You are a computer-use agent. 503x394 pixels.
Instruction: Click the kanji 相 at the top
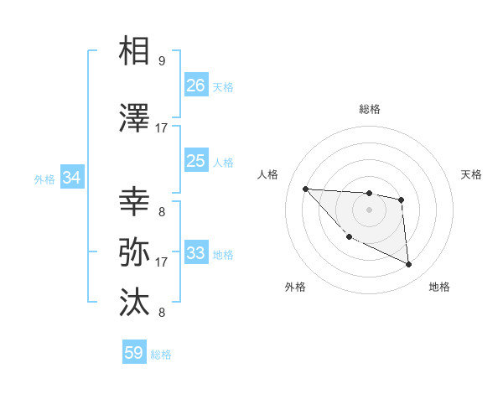coord(135,52)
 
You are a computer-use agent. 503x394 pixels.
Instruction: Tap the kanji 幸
coord(135,202)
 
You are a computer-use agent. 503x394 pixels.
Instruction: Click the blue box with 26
coord(196,86)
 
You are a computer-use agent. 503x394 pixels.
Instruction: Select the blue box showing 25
coord(196,161)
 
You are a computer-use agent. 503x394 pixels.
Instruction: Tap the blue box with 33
coord(196,253)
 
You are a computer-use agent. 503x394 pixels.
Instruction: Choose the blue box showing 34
coord(72,178)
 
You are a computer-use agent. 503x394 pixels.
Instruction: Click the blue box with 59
coord(134,353)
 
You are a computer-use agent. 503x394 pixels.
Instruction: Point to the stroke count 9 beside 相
coord(161,60)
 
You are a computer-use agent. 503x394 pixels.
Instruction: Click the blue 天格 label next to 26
coord(223,86)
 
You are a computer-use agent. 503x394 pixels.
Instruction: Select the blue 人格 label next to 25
coord(223,162)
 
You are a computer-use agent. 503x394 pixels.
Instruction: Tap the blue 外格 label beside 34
coord(44,179)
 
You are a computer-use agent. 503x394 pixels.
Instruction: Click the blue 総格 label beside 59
coord(161,355)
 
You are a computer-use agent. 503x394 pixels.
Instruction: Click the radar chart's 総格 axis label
coord(369,109)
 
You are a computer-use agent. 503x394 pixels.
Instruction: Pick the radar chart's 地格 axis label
coord(439,287)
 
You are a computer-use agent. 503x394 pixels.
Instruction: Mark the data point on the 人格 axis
coord(305,189)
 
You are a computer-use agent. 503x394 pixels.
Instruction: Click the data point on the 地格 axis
coord(409,265)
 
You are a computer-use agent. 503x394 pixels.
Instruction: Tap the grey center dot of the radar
coord(369,210)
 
